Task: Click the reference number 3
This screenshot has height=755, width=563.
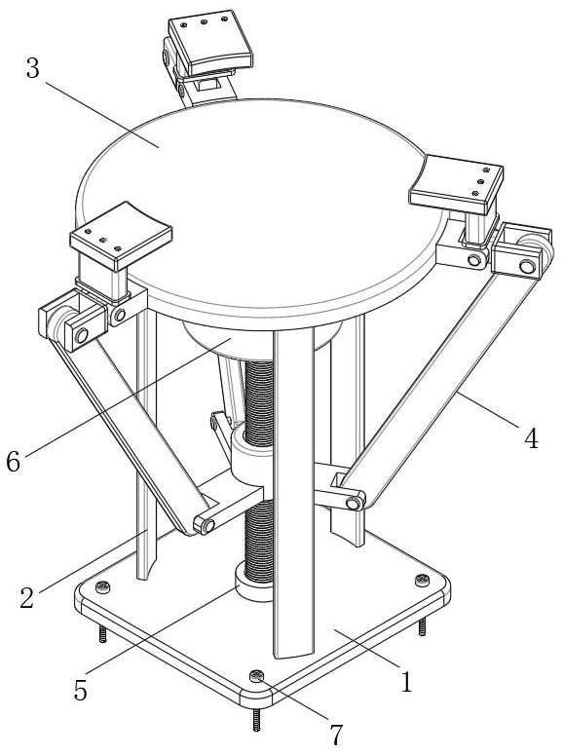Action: point(32,68)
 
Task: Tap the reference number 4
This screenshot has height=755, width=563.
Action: point(531,438)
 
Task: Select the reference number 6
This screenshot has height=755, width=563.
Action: point(14,462)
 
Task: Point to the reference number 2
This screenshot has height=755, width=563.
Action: point(27,597)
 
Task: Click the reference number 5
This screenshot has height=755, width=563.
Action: point(81,691)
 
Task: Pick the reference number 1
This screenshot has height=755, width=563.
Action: point(407,682)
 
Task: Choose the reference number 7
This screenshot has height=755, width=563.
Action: point(336,735)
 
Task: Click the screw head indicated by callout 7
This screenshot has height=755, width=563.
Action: point(257,676)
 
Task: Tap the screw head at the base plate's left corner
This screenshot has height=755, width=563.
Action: point(102,586)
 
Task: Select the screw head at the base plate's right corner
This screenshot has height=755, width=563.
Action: point(423,580)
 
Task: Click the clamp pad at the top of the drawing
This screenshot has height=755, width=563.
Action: point(210,42)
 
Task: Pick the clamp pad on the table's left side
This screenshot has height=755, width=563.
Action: point(121,236)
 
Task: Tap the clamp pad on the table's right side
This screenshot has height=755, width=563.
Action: point(457,184)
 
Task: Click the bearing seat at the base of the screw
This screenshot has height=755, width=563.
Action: point(253,582)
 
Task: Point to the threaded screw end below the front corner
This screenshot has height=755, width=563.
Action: point(256,720)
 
